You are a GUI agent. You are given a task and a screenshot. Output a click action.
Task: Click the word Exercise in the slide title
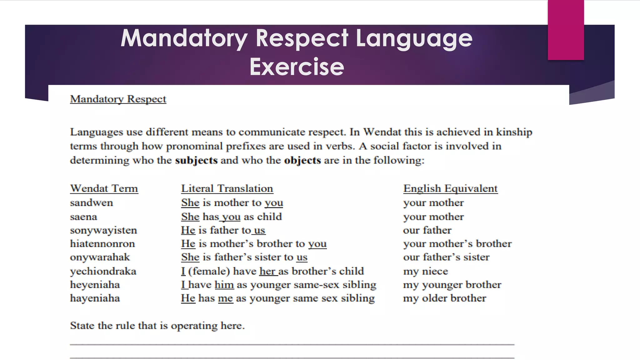297,67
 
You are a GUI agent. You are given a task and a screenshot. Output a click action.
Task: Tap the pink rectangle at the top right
566,30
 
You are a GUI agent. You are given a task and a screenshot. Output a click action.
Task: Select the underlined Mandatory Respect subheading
118,99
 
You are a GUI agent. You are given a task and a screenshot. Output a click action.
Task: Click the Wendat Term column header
104,188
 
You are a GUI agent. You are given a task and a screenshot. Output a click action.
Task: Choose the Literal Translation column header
227,188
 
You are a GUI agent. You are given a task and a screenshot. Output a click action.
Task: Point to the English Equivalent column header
450,188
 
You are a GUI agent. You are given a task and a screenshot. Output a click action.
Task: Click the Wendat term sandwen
91,203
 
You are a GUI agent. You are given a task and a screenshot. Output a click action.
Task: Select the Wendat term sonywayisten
103,230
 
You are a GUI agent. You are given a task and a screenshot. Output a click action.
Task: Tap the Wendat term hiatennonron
102,244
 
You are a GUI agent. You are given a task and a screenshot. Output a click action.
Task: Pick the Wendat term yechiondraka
103,271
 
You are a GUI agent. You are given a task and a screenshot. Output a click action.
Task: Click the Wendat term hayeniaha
95,298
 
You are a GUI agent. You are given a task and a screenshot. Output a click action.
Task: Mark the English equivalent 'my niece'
425,271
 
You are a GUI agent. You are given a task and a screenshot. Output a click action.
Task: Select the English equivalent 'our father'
427,230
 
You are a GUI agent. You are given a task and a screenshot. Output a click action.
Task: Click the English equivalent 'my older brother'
444,298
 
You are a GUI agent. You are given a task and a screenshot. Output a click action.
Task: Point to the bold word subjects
196,160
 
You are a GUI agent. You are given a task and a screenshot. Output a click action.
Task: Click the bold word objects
302,160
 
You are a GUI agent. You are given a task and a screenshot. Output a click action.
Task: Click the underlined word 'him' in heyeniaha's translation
224,285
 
